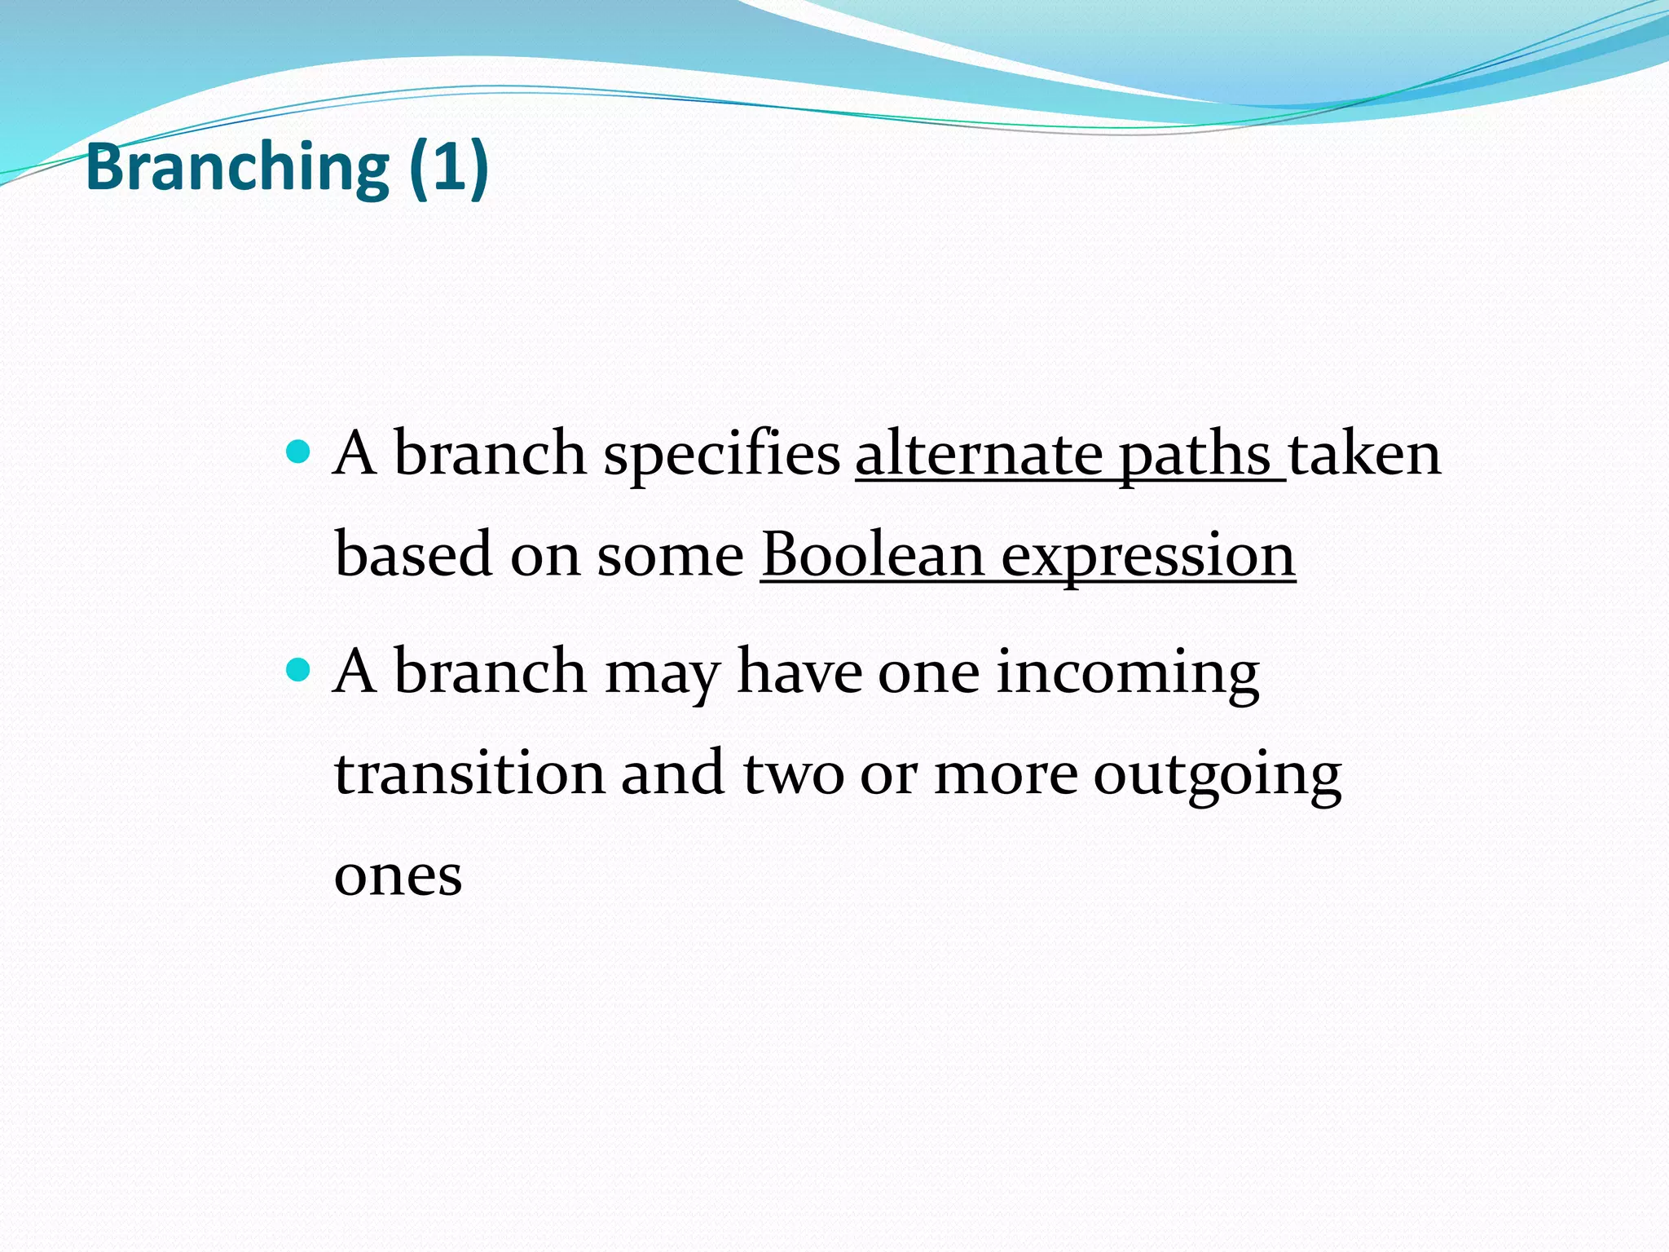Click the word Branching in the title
coord(237,167)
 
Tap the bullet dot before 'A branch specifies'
coord(299,451)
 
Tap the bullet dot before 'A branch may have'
coord(299,670)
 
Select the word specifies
coord(721,455)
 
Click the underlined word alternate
coord(979,455)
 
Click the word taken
coord(1364,455)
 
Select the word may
coord(663,675)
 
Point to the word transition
coord(469,774)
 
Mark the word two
coord(793,774)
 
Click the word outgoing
coord(1217,776)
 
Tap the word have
coord(799,673)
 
